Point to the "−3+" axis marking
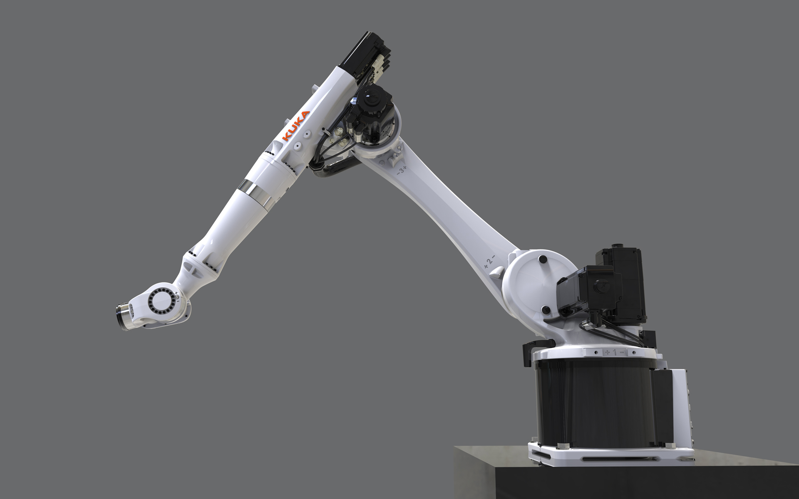tap(401, 170)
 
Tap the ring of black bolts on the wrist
tap(161, 301)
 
